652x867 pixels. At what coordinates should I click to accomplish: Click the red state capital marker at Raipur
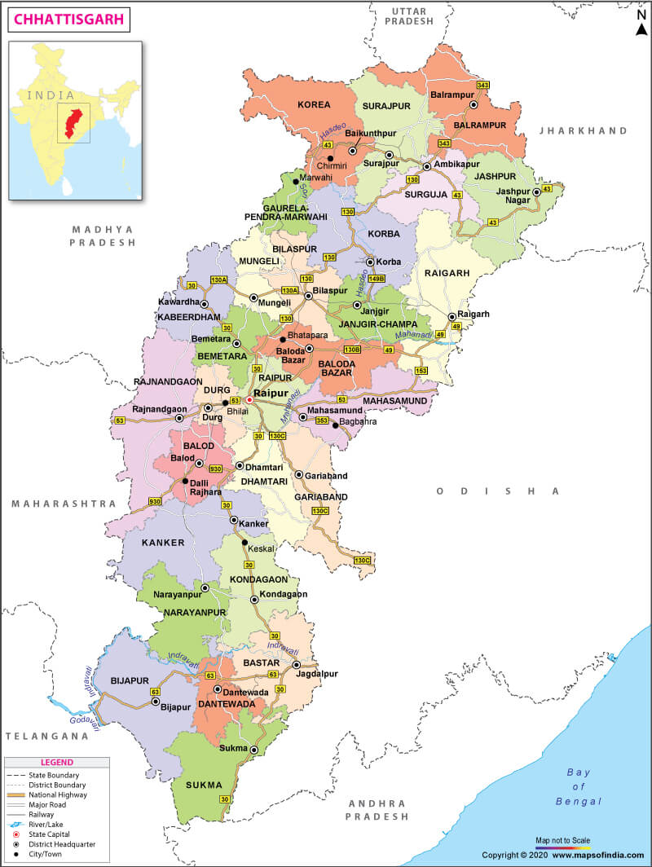249,400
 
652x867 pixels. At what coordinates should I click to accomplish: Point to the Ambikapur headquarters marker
426,166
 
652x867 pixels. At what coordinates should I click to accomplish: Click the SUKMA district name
204,785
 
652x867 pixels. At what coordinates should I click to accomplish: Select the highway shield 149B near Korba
376,278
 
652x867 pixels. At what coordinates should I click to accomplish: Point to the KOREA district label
314,105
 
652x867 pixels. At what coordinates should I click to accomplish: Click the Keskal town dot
244,542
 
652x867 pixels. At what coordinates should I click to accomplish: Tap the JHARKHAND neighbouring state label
584,130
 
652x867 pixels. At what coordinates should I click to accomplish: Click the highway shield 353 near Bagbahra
322,420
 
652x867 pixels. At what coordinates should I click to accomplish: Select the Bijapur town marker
155,701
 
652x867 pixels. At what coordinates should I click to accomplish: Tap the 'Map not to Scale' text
562,839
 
